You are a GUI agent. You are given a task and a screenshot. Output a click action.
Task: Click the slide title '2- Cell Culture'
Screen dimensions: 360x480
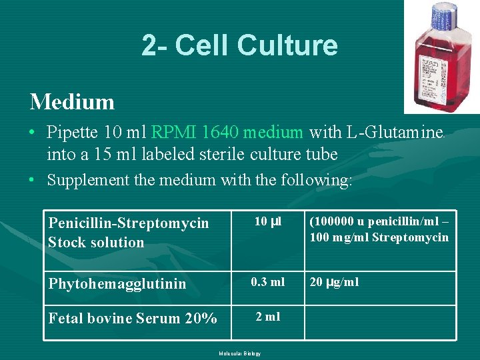(x=239, y=45)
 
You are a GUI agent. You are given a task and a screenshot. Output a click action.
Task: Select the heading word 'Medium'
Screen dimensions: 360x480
(x=72, y=102)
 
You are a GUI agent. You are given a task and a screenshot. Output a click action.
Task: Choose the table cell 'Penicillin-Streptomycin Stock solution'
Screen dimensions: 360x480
(x=129, y=232)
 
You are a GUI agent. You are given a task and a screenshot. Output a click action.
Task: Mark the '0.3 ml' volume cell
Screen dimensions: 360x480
(x=267, y=282)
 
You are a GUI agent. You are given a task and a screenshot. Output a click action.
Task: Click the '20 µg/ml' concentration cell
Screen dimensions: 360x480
(x=334, y=282)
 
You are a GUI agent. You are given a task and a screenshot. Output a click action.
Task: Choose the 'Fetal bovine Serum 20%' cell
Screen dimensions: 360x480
(x=133, y=319)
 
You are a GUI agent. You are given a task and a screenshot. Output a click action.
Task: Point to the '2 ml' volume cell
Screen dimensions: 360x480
(x=267, y=317)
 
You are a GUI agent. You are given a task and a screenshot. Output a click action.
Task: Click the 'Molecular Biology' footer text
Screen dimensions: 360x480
(x=239, y=353)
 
